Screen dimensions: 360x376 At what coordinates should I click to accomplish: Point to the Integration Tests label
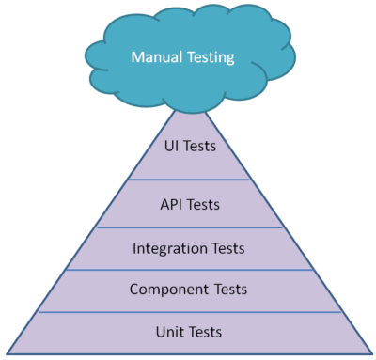coord(189,249)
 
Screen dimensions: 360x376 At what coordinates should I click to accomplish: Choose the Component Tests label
coord(189,290)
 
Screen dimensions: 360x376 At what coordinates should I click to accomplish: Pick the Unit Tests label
coord(189,332)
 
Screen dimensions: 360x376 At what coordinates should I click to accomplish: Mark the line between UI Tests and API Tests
coord(189,179)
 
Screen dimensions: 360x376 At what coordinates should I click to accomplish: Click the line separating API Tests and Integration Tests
coord(189,227)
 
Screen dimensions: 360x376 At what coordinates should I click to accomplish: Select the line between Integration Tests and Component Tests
coord(189,270)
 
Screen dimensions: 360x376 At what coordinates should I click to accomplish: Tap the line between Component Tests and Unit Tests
coord(189,311)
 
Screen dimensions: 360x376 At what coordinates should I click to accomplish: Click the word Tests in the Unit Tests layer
coord(207,332)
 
